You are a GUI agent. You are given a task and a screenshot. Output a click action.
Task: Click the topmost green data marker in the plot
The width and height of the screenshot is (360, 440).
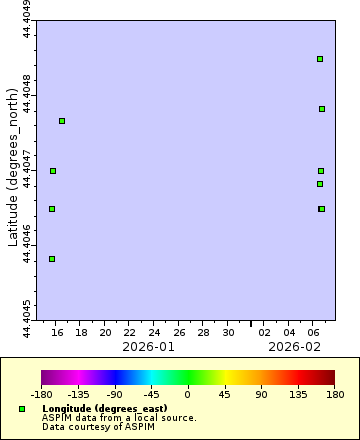pos(320,59)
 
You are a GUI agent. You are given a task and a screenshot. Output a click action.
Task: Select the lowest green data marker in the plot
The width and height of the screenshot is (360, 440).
pos(52,259)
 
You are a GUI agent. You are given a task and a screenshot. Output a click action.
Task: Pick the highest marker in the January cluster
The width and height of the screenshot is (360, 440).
pos(62,121)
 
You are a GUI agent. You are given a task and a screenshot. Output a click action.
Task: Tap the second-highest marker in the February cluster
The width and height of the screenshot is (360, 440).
pos(322,109)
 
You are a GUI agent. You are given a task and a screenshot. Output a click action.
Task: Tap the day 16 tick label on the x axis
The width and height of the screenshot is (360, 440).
pos(57,332)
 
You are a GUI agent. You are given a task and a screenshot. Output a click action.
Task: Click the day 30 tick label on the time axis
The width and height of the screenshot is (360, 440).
pos(228,332)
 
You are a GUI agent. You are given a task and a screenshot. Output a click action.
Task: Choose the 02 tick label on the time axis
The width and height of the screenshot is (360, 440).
pos(264,332)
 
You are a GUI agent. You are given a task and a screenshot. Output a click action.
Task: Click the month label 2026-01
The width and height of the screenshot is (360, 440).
pos(148,346)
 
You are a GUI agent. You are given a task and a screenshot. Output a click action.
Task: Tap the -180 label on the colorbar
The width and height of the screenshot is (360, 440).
pos(41,395)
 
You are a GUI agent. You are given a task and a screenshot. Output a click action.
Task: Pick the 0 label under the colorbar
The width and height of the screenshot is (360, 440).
pos(188,395)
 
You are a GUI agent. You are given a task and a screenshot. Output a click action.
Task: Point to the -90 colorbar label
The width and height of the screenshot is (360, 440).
pos(114,395)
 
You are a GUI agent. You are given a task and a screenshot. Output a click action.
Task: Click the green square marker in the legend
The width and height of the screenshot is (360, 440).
pos(22,409)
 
